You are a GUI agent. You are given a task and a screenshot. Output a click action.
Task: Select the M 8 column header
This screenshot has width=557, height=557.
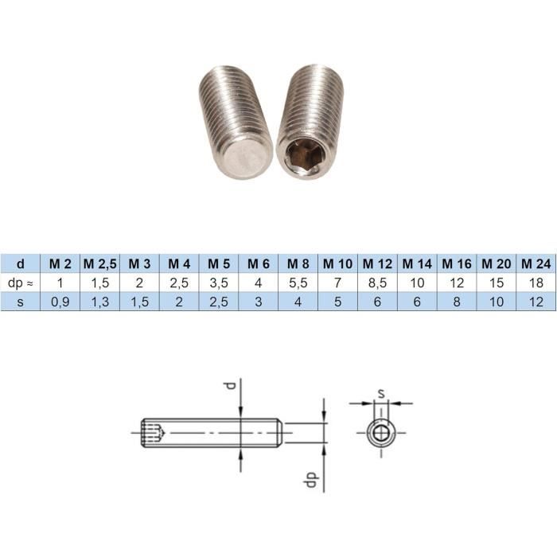tap(298, 263)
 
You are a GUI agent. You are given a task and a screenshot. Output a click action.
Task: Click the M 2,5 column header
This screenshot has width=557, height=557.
tap(99, 263)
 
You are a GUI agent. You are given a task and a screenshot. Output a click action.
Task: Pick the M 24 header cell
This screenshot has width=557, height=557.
tap(536, 263)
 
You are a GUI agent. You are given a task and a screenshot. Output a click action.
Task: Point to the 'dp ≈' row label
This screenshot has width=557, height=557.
tap(21, 282)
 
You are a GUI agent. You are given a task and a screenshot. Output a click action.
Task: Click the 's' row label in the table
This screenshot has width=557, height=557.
tap(21, 302)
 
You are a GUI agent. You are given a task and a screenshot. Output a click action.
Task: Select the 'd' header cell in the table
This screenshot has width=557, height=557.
tap(21, 263)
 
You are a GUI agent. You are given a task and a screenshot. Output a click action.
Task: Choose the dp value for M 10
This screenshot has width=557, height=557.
tap(338, 282)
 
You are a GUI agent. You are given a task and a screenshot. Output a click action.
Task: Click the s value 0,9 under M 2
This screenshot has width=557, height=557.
tap(60, 302)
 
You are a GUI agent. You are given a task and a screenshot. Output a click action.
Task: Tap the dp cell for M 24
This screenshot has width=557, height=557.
tap(536, 282)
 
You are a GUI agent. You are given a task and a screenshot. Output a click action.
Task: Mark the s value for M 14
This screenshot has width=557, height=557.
tap(418, 302)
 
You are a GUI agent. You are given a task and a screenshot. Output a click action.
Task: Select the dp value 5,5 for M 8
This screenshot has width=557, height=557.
tap(298, 282)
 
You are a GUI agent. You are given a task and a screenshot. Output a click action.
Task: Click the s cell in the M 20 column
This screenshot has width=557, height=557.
tap(497, 302)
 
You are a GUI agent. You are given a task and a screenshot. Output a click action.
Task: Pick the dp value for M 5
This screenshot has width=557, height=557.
tap(219, 282)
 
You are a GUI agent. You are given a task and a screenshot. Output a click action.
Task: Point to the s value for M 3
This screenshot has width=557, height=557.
tap(139, 302)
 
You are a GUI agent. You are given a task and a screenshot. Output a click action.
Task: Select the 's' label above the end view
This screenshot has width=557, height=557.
tap(381, 392)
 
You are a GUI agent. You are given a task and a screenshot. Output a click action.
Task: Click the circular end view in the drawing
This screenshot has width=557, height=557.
tap(380, 433)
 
